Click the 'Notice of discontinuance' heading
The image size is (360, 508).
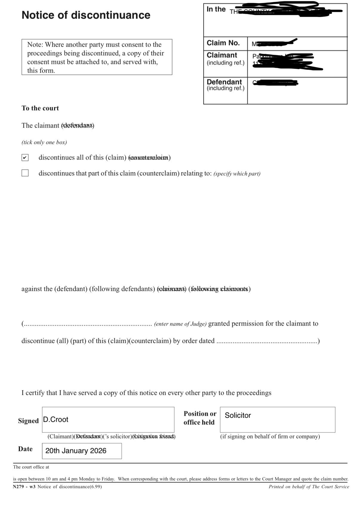click(x=86, y=15)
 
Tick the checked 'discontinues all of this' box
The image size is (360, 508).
click(x=25, y=157)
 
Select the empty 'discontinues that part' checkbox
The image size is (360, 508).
click(x=25, y=173)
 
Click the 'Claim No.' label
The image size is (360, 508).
click(x=223, y=43)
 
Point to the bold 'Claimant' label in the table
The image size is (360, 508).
click(x=222, y=55)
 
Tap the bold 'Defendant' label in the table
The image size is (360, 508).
click(x=224, y=82)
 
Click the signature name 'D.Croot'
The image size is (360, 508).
click(x=56, y=420)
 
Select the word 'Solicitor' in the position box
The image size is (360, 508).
click(x=238, y=415)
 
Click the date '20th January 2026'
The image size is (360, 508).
click(x=76, y=451)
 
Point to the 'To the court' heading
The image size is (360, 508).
click(x=40, y=108)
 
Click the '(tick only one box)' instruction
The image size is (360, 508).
click(x=44, y=142)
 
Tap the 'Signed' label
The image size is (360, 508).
click(x=28, y=421)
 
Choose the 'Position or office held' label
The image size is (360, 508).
click(x=200, y=418)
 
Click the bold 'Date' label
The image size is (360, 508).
click(x=25, y=449)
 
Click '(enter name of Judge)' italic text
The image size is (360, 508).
click(x=180, y=324)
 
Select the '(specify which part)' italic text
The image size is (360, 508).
click(x=237, y=174)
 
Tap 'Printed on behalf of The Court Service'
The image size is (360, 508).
click(x=309, y=487)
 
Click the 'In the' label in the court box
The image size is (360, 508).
click(x=216, y=9)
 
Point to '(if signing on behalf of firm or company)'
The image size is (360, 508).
click(x=270, y=437)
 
